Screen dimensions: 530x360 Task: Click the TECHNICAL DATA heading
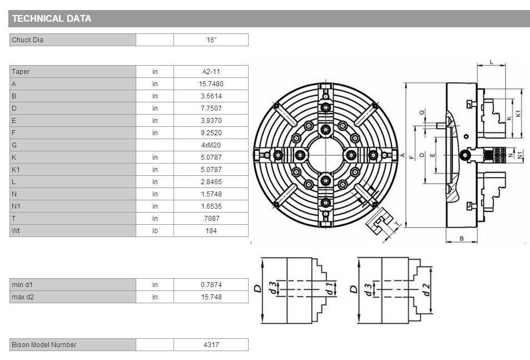click(52, 18)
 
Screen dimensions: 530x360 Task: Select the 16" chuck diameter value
click(211, 40)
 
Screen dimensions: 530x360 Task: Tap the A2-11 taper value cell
click(211, 72)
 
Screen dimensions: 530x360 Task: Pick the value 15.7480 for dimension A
click(211, 84)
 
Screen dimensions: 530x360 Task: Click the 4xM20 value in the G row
click(211, 145)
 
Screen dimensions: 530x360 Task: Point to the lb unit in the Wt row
click(155, 231)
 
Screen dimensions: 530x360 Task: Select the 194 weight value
click(211, 231)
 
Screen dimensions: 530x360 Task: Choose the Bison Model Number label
click(44, 345)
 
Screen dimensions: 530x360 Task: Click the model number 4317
click(211, 345)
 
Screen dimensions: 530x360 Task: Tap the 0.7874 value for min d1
click(211, 285)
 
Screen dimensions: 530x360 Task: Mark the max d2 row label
click(23, 297)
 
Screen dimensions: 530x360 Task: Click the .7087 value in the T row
click(211, 219)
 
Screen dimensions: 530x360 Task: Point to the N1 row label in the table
click(16, 206)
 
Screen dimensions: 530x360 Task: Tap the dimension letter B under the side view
click(462, 239)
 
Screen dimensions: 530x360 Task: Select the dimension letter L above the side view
click(492, 62)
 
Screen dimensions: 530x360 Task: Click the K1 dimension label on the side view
click(519, 114)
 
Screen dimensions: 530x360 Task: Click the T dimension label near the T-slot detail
click(397, 224)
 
